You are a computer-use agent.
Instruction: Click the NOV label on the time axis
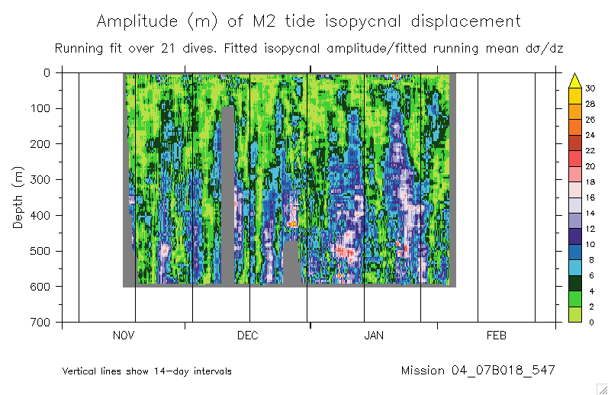coord(124,336)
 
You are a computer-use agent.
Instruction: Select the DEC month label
coord(248,336)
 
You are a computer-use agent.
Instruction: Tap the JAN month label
coord(374,336)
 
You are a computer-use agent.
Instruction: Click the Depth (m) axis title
coord(18,197)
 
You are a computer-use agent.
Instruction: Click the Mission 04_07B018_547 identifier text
coord(478,371)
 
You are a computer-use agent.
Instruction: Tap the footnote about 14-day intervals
coord(147,371)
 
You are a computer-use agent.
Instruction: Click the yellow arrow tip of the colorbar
coord(577,78)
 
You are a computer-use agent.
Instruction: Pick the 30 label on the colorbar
coord(589,88)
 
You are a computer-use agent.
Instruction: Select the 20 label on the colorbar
coord(589,166)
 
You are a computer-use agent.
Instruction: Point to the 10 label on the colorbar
coord(589,244)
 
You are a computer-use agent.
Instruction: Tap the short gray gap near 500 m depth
coord(291,263)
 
